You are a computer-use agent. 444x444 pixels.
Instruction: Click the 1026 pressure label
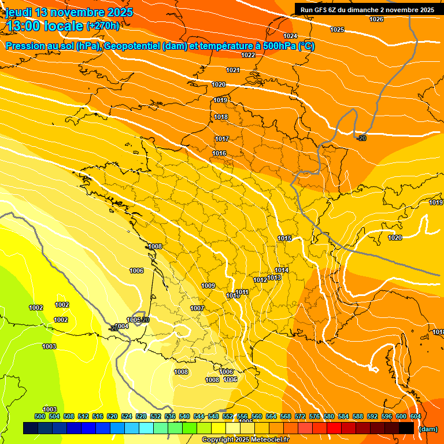point(376,19)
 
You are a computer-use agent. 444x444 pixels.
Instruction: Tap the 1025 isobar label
point(337,29)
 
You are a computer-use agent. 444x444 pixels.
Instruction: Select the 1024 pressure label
point(290,36)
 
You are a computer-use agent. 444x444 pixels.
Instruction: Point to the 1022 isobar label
point(248,55)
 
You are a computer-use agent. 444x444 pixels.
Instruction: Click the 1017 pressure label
point(222,139)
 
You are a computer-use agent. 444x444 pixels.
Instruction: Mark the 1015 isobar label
point(284,238)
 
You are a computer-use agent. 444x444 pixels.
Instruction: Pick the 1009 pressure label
point(208,286)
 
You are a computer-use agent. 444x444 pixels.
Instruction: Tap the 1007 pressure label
point(197,308)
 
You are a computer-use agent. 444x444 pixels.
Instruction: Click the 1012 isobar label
point(260,280)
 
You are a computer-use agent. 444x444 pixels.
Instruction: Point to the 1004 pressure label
point(122,326)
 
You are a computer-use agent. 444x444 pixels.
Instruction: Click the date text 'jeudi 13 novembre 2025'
point(69,12)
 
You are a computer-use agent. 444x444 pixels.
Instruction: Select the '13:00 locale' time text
point(45,26)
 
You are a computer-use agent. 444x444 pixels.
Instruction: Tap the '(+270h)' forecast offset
point(103,25)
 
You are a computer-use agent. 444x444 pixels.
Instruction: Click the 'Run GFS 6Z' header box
point(367,9)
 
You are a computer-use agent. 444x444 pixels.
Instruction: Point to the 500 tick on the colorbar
point(40,416)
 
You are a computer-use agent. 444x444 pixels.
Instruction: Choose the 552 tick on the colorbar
point(228,416)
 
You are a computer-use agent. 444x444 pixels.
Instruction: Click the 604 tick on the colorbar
point(415,416)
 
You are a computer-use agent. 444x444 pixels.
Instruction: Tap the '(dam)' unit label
point(427,429)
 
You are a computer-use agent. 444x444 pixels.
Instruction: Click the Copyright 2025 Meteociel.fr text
point(245,439)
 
